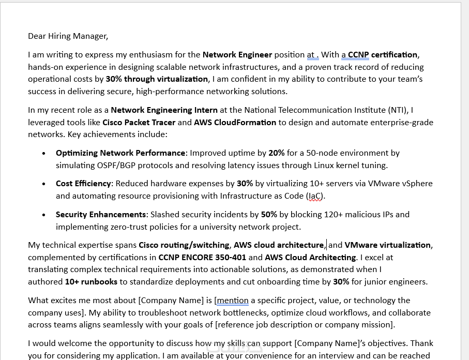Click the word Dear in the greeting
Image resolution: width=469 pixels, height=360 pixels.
37,36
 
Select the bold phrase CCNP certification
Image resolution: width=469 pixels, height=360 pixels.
383,55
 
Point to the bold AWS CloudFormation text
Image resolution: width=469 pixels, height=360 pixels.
235,123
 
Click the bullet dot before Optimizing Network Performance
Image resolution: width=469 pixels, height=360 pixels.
44,153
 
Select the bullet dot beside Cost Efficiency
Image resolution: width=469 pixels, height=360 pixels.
44,184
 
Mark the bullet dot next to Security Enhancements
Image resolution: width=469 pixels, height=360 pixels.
44,215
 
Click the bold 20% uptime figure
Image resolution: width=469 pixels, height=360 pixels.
277,153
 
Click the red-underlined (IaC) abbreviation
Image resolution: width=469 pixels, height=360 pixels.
315,196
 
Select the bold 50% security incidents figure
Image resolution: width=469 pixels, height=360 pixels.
269,215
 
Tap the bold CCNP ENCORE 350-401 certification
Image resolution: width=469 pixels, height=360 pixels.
202,258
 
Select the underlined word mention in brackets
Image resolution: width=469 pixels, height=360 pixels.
233,301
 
